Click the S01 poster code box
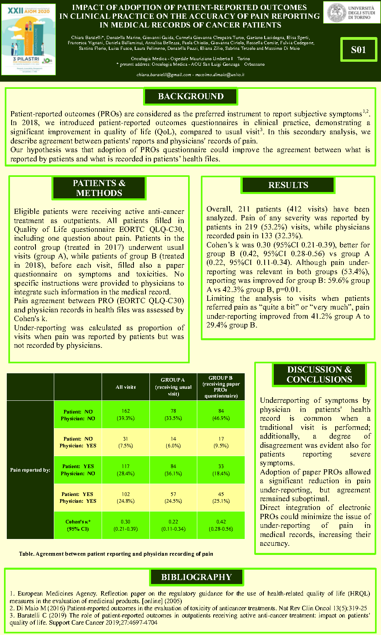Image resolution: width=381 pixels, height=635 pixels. pos(358,50)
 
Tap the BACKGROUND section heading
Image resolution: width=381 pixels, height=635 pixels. pos(190,96)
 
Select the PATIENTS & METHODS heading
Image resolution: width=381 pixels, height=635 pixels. pos(99,188)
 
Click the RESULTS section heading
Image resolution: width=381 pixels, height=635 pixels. pos(288,185)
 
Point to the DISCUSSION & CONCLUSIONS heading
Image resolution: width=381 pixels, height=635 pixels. pos(319,374)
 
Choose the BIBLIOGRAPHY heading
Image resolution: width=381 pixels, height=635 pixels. pos(196,577)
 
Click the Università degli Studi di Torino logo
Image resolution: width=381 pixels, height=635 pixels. pos(351,13)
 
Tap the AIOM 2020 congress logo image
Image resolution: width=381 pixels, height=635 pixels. pos(29,39)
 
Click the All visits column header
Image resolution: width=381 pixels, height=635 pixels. pos(126,387)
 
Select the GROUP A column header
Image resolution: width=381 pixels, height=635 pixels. pos(173,387)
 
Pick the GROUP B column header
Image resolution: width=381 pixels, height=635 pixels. pos(221,387)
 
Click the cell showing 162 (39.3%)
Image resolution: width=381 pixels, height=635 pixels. pos(126,415)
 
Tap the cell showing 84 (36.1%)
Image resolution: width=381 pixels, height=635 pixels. pos(173,470)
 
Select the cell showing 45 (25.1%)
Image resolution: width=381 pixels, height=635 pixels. pos(221,498)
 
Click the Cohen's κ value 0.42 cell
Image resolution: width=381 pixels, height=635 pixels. pos(221,525)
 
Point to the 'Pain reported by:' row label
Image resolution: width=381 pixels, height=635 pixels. pos(30,470)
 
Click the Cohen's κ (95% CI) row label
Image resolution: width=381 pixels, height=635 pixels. pos(78,525)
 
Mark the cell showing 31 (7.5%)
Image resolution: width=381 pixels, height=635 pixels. pos(126,442)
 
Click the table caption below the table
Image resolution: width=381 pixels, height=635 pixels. pos(116,554)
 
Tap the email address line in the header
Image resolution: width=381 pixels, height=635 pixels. pos(190,74)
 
